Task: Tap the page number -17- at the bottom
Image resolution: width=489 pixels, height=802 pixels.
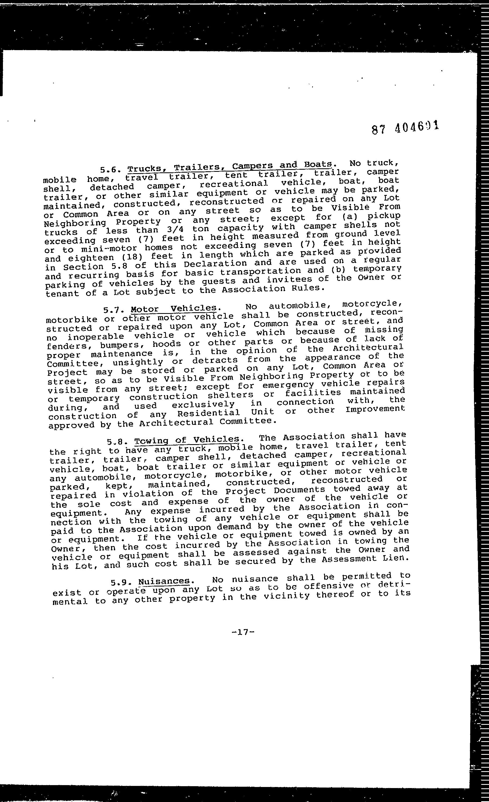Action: click(x=243, y=632)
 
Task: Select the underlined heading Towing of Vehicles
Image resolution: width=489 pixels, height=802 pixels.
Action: click(x=187, y=440)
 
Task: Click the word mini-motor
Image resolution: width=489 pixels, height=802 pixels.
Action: click(x=108, y=249)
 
